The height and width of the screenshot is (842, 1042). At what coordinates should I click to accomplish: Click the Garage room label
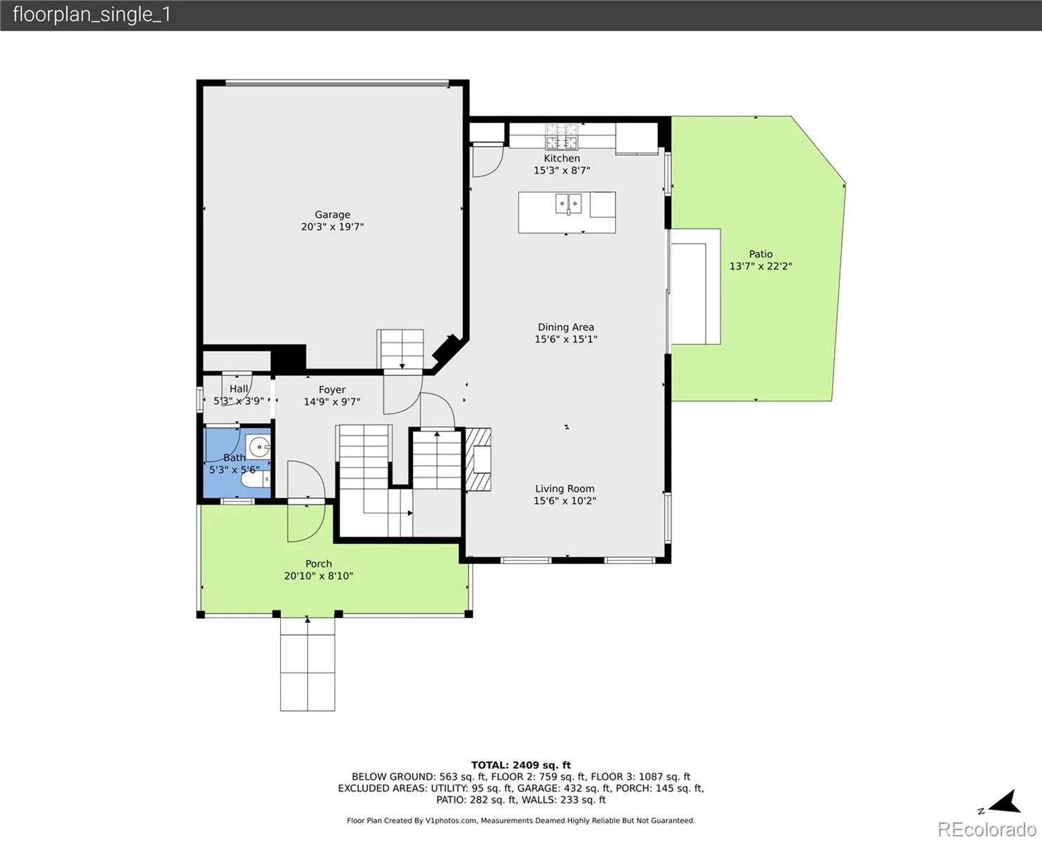(x=332, y=215)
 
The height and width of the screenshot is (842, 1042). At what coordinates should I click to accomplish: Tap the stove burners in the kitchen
(x=562, y=136)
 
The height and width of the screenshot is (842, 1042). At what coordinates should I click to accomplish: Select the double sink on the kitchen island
(x=569, y=203)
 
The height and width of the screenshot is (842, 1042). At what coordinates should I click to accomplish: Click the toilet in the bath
(x=256, y=479)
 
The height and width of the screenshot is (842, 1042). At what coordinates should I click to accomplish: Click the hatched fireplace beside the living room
(x=478, y=460)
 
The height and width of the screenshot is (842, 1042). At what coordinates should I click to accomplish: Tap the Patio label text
(x=760, y=254)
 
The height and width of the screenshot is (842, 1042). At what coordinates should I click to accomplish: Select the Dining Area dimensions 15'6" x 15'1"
(x=565, y=339)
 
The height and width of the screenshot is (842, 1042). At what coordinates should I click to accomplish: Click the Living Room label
(x=565, y=488)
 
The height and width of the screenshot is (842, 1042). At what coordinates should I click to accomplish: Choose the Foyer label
(x=331, y=390)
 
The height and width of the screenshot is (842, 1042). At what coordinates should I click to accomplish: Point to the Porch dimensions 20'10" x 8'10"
(x=319, y=576)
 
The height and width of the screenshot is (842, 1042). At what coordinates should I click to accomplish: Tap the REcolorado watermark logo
(x=987, y=829)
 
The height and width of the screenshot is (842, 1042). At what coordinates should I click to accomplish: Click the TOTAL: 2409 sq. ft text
(x=521, y=766)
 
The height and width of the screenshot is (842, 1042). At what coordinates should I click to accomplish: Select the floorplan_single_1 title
(x=91, y=15)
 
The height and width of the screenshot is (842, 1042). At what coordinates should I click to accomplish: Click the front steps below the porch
(x=308, y=664)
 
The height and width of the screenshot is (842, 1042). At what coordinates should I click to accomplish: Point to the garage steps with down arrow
(x=400, y=349)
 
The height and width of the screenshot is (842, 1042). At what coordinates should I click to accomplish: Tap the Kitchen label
(x=562, y=159)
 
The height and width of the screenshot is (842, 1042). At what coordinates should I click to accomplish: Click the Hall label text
(x=239, y=389)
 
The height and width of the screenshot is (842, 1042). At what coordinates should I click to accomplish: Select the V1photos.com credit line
(x=521, y=820)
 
